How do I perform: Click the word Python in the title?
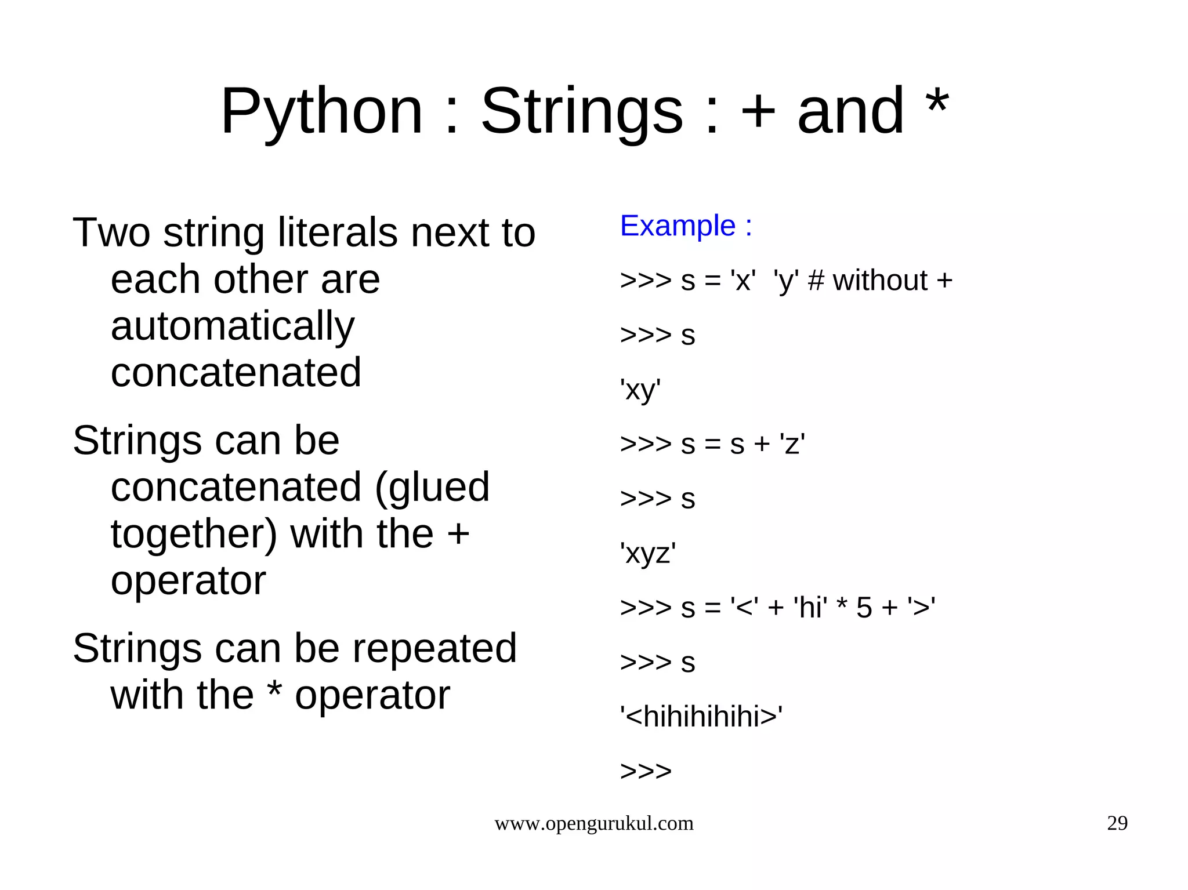click(x=321, y=111)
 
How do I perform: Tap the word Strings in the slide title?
click(x=582, y=111)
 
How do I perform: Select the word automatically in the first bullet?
click(x=232, y=326)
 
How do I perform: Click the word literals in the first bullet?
click(x=338, y=233)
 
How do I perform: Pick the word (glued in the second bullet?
click(x=432, y=487)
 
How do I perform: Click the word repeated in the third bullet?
click(x=434, y=648)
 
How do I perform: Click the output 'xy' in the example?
click(x=640, y=390)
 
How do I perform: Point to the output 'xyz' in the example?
click(x=648, y=553)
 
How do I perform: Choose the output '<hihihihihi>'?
click(x=701, y=717)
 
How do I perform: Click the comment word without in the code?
click(x=880, y=281)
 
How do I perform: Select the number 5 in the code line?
click(x=864, y=608)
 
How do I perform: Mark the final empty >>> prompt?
click(x=646, y=771)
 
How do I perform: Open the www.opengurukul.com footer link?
click(x=593, y=823)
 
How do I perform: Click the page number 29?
click(x=1117, y=823)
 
